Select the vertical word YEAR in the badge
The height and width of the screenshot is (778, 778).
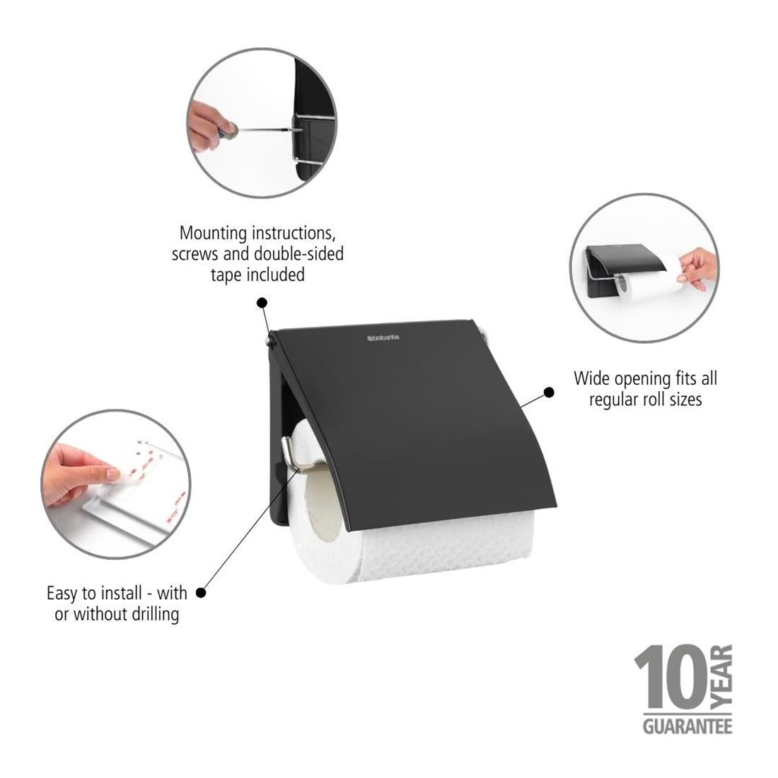[x=721, y=679]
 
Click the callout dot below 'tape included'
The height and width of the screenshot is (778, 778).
[x=262, y=303]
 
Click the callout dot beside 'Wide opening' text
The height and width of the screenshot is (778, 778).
[x=548, y=392]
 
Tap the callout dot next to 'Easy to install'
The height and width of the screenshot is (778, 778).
[x=200, y=593]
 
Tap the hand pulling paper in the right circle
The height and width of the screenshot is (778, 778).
[x=697, y=267]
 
